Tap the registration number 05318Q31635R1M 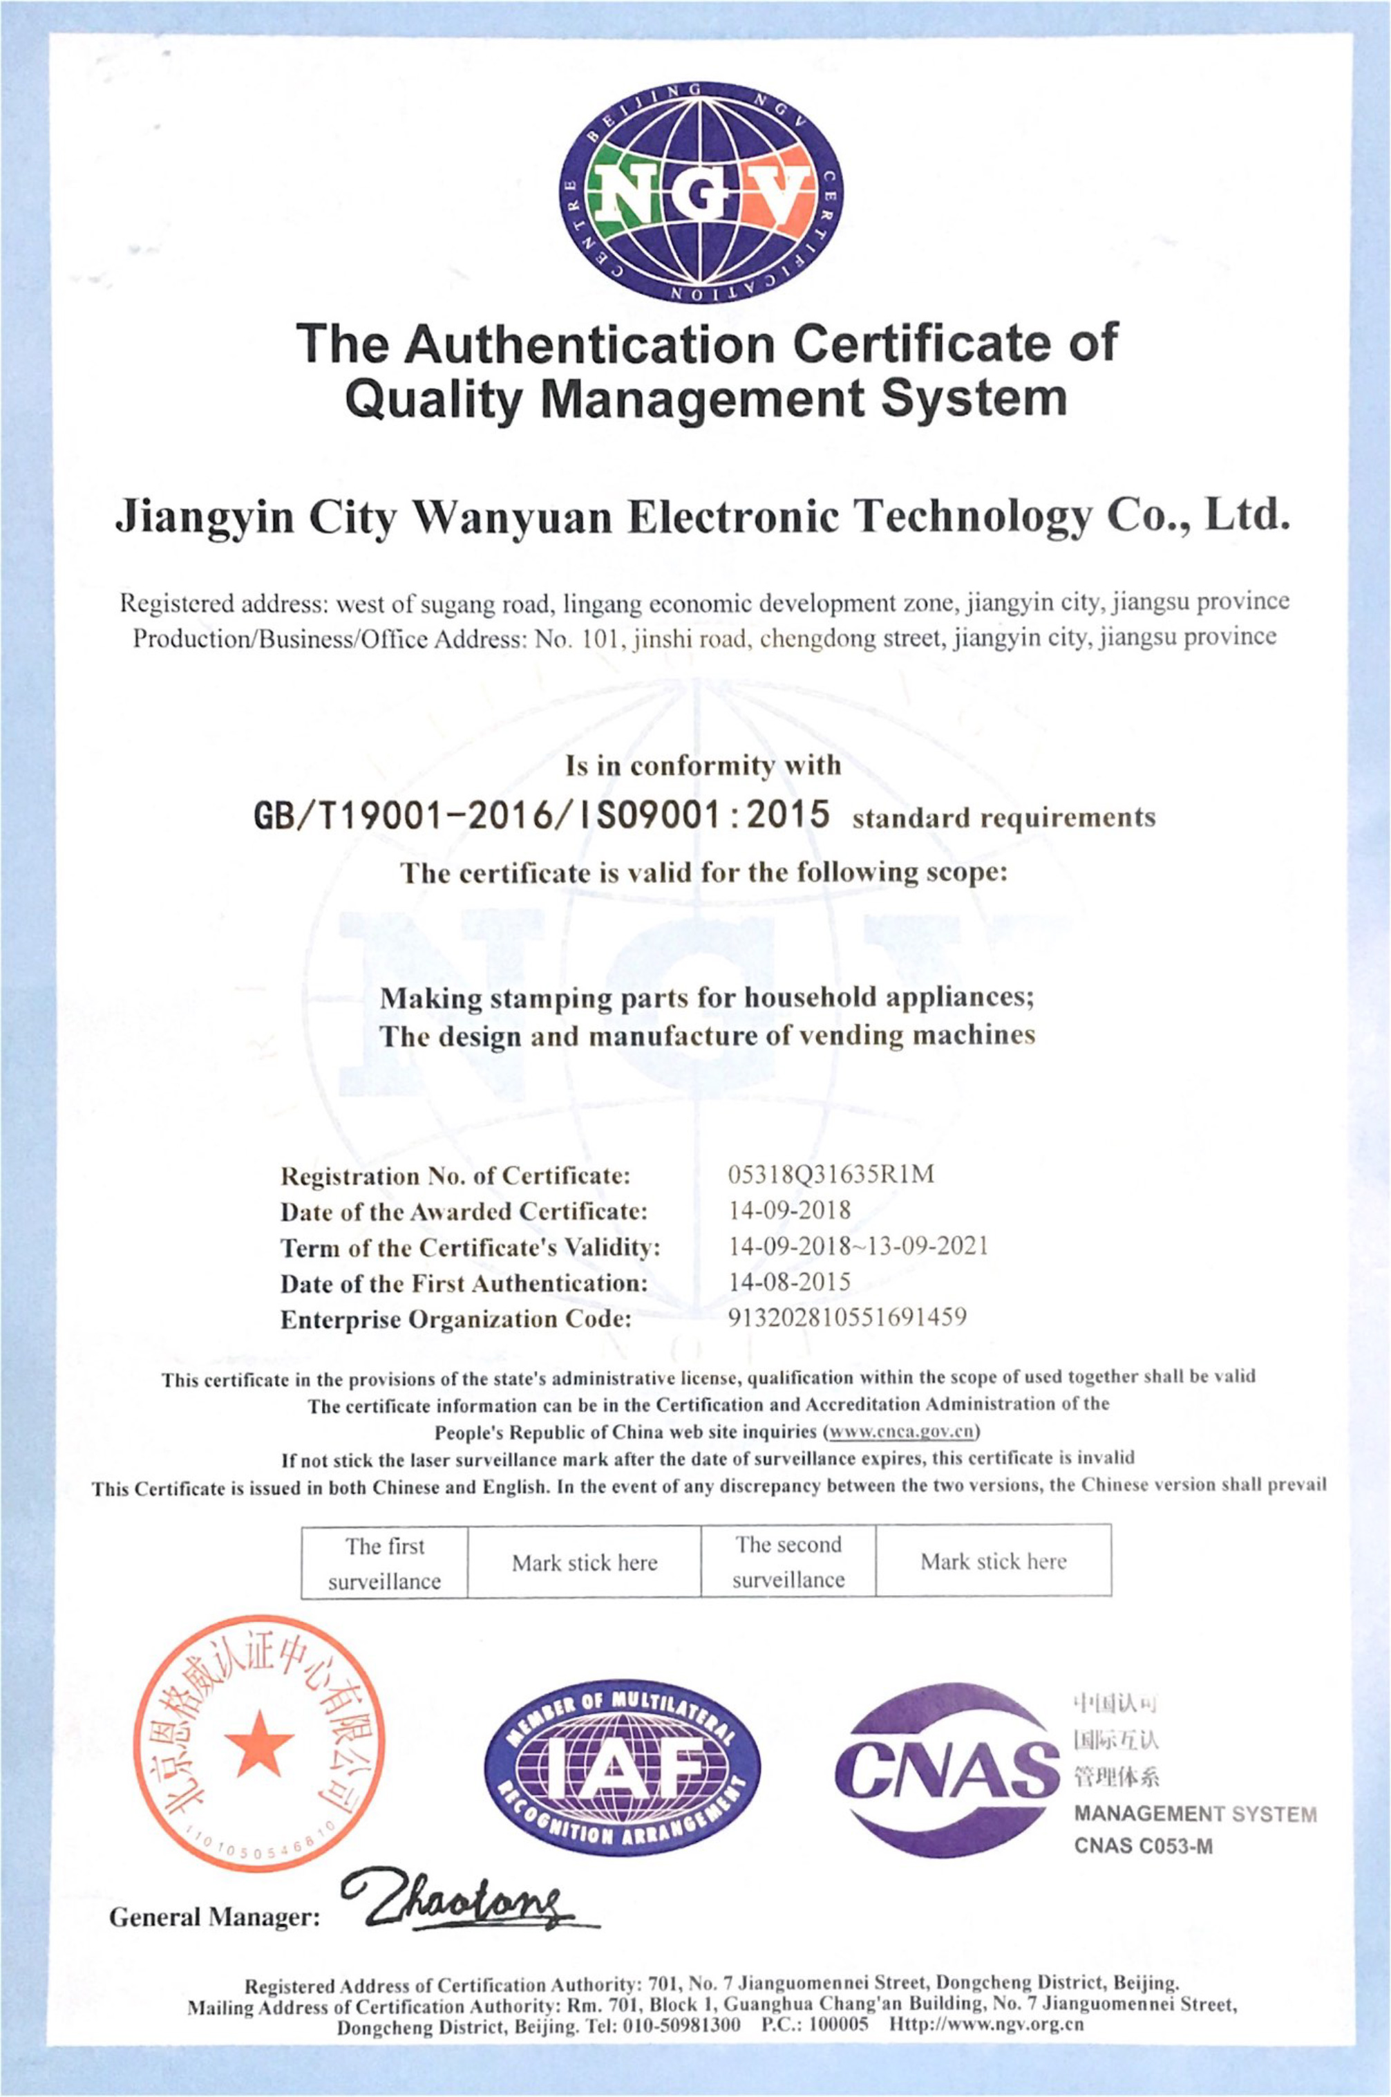tap(831, 1174)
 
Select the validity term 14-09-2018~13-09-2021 tap(858, 1246)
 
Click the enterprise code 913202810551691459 tap(846, 1317)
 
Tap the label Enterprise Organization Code tap(456, 1320)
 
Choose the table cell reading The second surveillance tap(788, 1562)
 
